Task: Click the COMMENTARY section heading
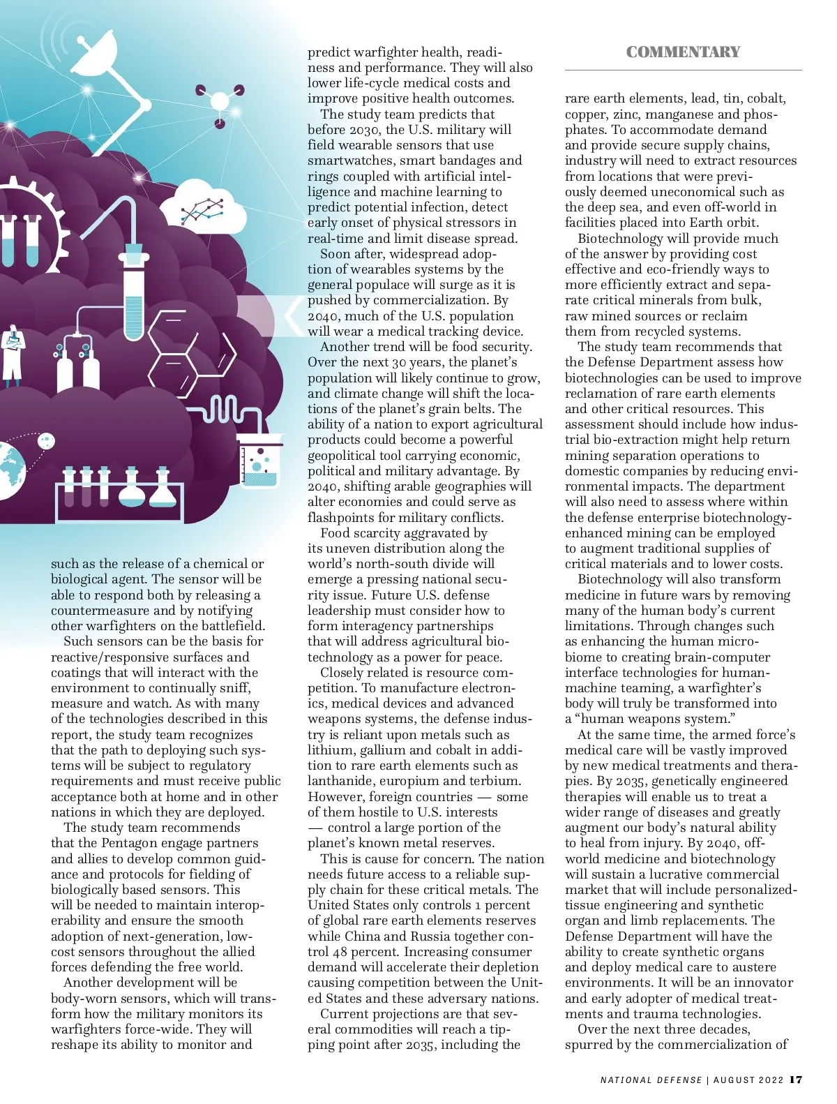(683, 52)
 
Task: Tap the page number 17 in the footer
(796, 1080)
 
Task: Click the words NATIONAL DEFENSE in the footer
(651, 1080)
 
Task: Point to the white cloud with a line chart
(210, 207)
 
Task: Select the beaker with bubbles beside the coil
(260, 461)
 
